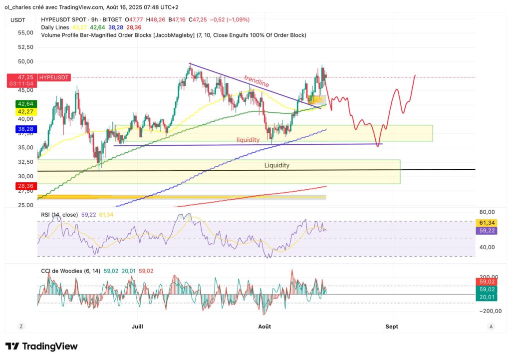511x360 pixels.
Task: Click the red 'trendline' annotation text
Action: point(257,81)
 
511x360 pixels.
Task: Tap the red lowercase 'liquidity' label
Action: point(248,140)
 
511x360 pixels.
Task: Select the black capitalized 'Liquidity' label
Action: point(277,165)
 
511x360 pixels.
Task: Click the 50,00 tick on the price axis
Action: point(25,61)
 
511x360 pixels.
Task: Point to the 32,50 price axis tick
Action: point(25,162)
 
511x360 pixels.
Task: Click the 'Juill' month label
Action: point(137,327)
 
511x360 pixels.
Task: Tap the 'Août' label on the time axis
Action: point(264,327)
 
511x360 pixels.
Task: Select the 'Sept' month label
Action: point(392,327)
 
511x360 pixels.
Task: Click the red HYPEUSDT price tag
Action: point(54,77)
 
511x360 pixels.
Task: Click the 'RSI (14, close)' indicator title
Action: point(59,215)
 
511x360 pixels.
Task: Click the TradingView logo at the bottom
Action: point(41,346)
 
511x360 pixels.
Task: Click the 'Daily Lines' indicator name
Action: point(55,27)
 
